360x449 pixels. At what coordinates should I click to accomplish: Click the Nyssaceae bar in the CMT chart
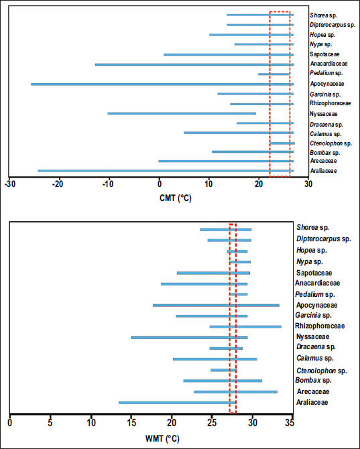pyautogui.click(x=182, y=113)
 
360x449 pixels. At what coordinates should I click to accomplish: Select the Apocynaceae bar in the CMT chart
pyautogui.click(x=162, y=84)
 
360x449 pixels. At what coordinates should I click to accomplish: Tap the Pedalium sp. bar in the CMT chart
pyautogui.click(x=274, y=74)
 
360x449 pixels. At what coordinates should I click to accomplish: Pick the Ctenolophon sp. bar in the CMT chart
pyautogui.click(x=282, y=143)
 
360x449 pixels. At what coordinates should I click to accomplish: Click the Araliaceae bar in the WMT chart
pyautogui.click(x=177, y=403)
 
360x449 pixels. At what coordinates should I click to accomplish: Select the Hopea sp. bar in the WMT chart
pyautogui.click(x=237, y=251)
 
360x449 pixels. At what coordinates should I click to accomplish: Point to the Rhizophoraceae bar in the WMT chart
pyautogui.click(x=245, y=327)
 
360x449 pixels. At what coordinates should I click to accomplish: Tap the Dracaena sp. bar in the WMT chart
pyautogui.click(x=226, y=348)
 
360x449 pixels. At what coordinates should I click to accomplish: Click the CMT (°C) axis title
pyautogui.click(x=176, y=198)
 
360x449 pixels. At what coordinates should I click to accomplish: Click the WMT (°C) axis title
pyautogui.click(x=162, y=439)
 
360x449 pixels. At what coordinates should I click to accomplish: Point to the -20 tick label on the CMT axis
pyautogui.click(x=58, y=184)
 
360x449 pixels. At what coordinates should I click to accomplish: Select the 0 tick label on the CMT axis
pyautogui.click(x=160, y=184)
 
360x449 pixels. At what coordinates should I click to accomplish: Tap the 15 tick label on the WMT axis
pyautogui.click(x=131, y=423)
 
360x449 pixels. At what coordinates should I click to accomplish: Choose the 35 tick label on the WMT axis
pyautogui.click(x=290, y=423)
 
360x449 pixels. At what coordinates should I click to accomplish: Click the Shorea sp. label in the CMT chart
pyautogui.click(x=324, y=15)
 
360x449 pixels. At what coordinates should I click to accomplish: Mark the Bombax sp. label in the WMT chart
pyautogui.click(x=313, y=380)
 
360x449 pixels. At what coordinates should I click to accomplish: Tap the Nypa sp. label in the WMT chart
pyautogui.click(x=310, y=262)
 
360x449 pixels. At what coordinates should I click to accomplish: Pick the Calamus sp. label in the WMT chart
pyautogui.click(x=315, y=359)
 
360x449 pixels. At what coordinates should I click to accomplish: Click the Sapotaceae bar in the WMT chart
pyautogui.click(x=213, y=273)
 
